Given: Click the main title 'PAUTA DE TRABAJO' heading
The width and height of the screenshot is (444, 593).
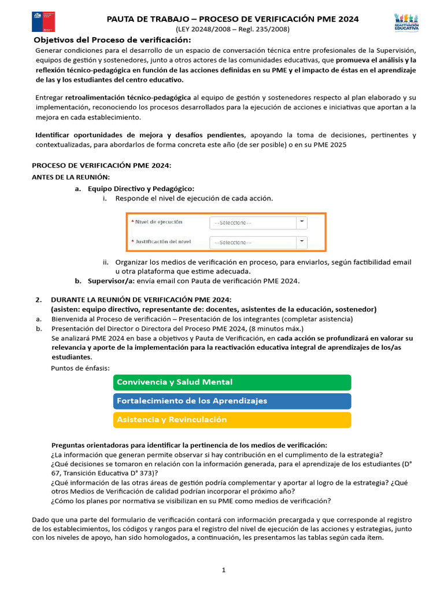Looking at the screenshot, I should [x=232, y=19].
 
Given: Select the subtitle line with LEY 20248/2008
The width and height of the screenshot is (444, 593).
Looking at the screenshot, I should [x=232, y=29].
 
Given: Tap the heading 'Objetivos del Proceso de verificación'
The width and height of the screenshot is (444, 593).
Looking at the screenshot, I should [x=112, y=40].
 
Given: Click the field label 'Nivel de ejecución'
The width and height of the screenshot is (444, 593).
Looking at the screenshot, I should [x=158, y=222].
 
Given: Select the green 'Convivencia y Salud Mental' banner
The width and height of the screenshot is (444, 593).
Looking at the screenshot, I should [x=232, y=382].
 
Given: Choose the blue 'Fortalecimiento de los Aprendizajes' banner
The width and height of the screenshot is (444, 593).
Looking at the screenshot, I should [x=232, y=401].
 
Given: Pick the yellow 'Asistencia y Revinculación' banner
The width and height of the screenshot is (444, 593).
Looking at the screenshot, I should [x=232, y=420].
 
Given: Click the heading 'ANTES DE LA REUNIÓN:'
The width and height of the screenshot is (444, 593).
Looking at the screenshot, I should [x=71, y=177].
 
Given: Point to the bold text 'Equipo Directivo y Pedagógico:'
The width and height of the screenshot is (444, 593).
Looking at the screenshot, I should [x=141, y=188].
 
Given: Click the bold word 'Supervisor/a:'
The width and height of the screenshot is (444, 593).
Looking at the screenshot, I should [x=110, y=281].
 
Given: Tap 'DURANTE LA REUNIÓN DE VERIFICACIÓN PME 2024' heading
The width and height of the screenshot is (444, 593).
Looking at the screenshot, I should [x=141, y=299].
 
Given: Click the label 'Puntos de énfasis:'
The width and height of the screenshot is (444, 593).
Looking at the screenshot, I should [x=80, y=368].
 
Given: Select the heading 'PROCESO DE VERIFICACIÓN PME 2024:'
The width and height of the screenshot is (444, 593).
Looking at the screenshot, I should [x=101, y=166].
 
